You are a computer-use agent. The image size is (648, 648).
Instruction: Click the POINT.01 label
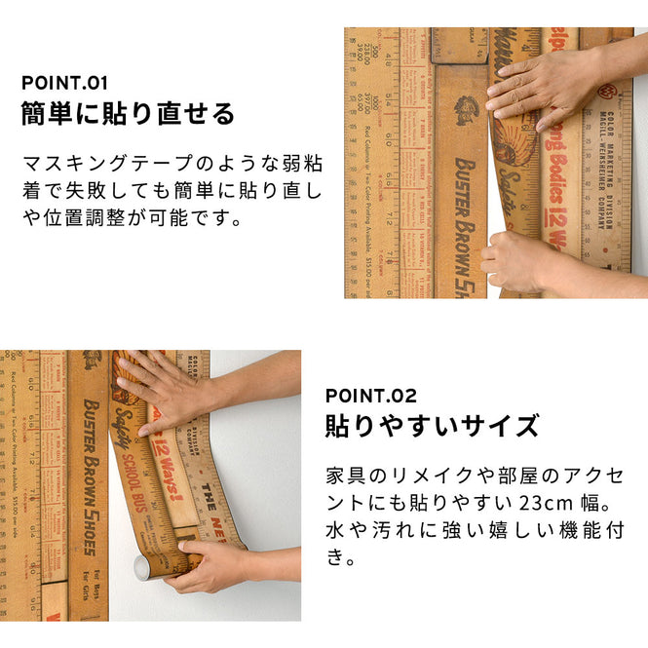pos(64,83)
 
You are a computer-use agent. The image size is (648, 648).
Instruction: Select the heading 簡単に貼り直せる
pos(128,114)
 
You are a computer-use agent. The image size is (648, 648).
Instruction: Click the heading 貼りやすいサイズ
pos(432,426)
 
